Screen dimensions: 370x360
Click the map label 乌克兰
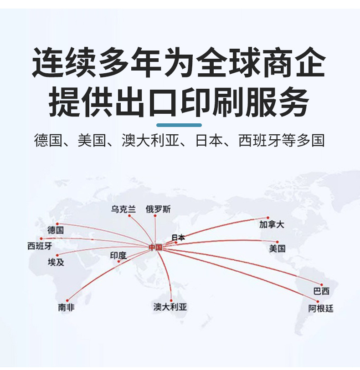(123, 209)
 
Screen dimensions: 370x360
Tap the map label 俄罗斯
(158, 209)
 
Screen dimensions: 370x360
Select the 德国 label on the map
(56, 230)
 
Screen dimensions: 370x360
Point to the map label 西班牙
(40, 247)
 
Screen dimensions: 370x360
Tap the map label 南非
(66, 307)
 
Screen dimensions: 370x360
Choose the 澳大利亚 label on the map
(170, 307)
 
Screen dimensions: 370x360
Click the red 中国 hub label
(155, 247)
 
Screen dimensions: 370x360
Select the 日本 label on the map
(178, 237)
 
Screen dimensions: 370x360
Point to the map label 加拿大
(272, 224)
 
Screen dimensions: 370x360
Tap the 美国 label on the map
(277, 248)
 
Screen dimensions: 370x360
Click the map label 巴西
(321, 291)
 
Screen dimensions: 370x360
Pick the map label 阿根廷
(321, 309)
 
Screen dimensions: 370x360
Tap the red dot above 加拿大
(268, 218)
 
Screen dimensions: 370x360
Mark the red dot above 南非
(67, 300)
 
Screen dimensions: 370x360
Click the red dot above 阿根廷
(318, 301)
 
